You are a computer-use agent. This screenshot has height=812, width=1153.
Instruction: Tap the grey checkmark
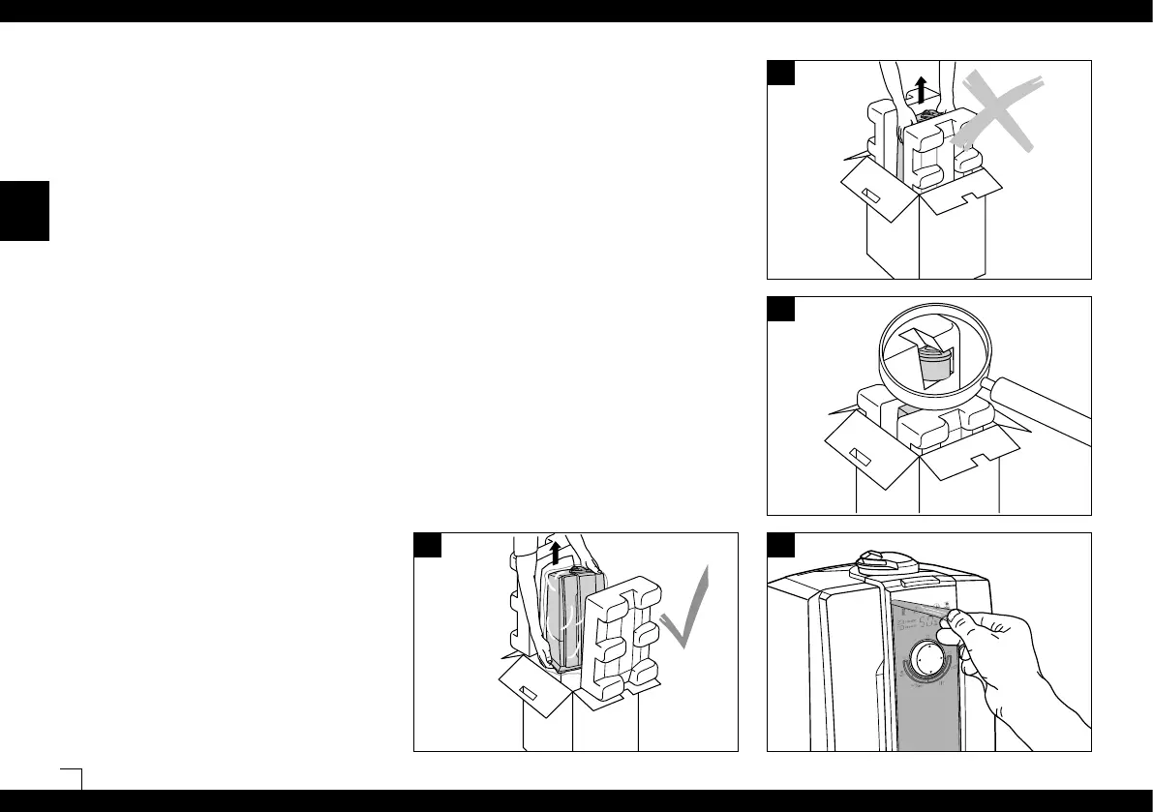click(689, 619)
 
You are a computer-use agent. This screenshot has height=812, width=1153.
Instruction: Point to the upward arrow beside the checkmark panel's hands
click(555, 553)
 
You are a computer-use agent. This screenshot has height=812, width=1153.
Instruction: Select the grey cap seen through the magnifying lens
click(933, 367)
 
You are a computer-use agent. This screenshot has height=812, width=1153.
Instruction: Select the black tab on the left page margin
click(24, 210)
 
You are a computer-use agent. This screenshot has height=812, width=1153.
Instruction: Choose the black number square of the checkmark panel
click(428, 545)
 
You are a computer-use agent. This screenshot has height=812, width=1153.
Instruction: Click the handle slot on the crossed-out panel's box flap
click(870, 195)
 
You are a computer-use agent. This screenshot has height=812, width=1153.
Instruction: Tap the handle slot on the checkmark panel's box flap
click(529, 691)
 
